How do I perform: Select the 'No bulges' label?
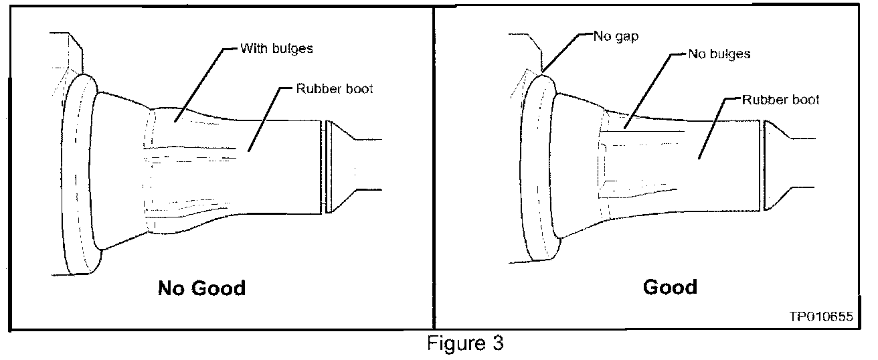(719, 54)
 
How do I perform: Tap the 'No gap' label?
(615, 36)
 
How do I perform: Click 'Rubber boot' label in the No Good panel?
(335, 89)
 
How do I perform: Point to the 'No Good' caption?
(201, 288)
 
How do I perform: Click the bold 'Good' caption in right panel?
(670, 287)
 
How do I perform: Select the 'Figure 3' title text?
(466, 345)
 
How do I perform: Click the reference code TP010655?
(820, 318)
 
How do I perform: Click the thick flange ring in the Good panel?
(532, 174)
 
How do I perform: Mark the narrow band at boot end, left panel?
(326, 167)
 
